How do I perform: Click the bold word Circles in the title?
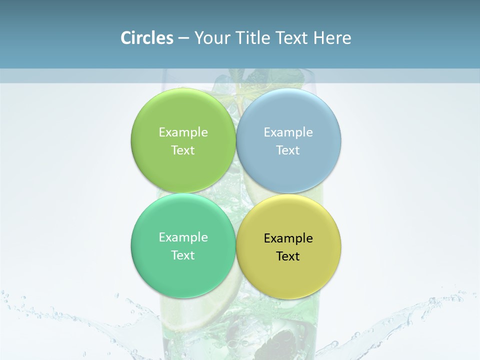(146, 38)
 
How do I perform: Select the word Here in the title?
(332, 38)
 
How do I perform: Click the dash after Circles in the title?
(183, 38)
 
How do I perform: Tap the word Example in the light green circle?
(183, 132)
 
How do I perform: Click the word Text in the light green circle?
(183, 150)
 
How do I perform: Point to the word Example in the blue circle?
(288, 132)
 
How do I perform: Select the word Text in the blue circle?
(288, 150)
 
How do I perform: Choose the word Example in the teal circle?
(183, 237)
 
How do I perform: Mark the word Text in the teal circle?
(183, 255)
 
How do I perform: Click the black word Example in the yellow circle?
(288, 238)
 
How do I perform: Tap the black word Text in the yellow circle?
(288, 256)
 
